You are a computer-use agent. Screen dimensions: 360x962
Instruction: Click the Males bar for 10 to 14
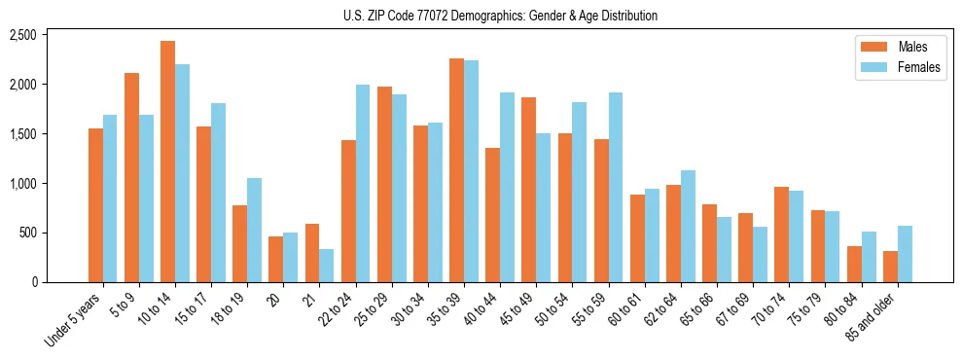point(168,162)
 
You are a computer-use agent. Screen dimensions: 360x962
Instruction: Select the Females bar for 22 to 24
point(363,184)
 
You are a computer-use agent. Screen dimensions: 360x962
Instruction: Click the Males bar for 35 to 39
point(456,170)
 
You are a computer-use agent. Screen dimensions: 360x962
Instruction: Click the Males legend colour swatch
point(868,47)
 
